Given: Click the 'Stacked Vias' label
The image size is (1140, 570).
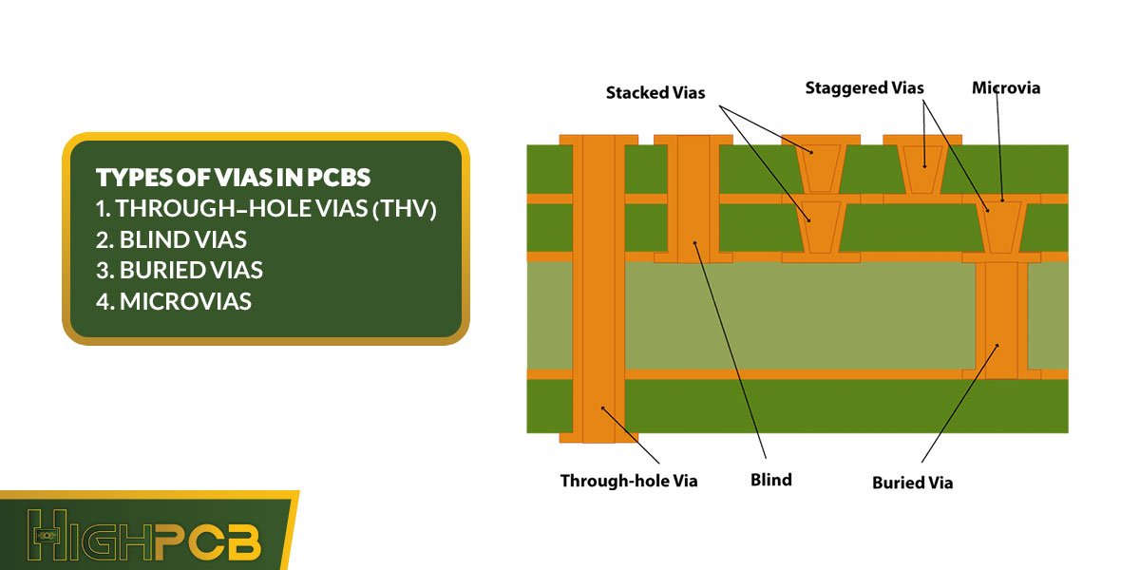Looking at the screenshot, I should pyautogui.click(x=655, y=93).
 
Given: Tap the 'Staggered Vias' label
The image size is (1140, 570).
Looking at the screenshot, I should pyautogui.click(x=864, y=87).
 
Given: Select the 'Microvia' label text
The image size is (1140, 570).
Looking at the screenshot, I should pyautogui.click(x=1006, y=87).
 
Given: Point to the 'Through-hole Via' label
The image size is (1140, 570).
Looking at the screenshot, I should pyautogui.click(x=628, y=481).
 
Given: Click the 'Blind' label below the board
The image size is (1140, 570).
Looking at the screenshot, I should pyautogui.click(x=770, y=480).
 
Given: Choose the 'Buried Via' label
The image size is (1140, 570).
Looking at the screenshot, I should pyautogui.click(x=912, y=483).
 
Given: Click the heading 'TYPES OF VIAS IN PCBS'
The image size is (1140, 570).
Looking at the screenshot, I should pyautogui.click(x=233, y=178).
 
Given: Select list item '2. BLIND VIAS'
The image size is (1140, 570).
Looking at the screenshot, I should pyautogui.click(x=171, y=239).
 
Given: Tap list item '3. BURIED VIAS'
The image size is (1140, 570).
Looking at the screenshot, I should pyautogui.click(x=180, y=270).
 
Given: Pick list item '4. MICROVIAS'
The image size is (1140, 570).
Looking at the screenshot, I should pyautogui.click(x=174, y=301).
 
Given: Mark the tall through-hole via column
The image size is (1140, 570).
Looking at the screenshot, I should pyautogui.click(x=598, y=285).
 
